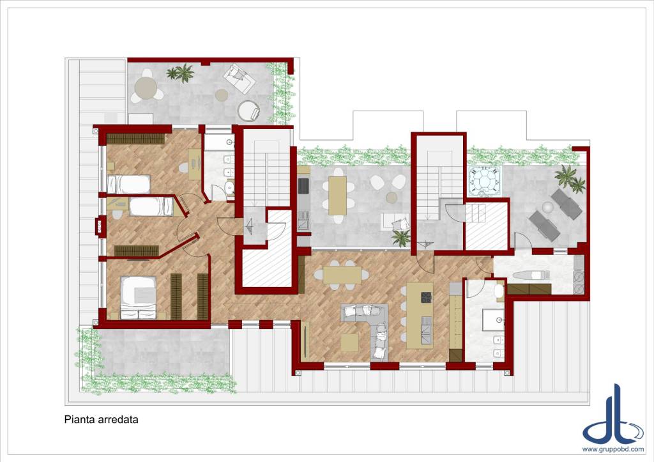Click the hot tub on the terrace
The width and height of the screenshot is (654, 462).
485,181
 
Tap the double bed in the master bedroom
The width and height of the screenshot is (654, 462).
139,298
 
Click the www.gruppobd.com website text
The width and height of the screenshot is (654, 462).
612,449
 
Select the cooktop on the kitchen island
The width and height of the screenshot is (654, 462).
426,298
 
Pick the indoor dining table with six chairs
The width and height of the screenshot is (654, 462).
342,275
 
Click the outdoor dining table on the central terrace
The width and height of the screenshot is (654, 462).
337,196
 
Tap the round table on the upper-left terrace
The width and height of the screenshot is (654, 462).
146,88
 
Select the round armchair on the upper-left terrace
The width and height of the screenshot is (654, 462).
248,111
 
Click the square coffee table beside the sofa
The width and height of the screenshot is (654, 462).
349,343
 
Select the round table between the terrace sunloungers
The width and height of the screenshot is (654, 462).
547,206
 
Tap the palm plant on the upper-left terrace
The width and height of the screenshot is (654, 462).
181,73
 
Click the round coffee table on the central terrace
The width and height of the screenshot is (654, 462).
392,197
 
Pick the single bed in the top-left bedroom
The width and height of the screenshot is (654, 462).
128,185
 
